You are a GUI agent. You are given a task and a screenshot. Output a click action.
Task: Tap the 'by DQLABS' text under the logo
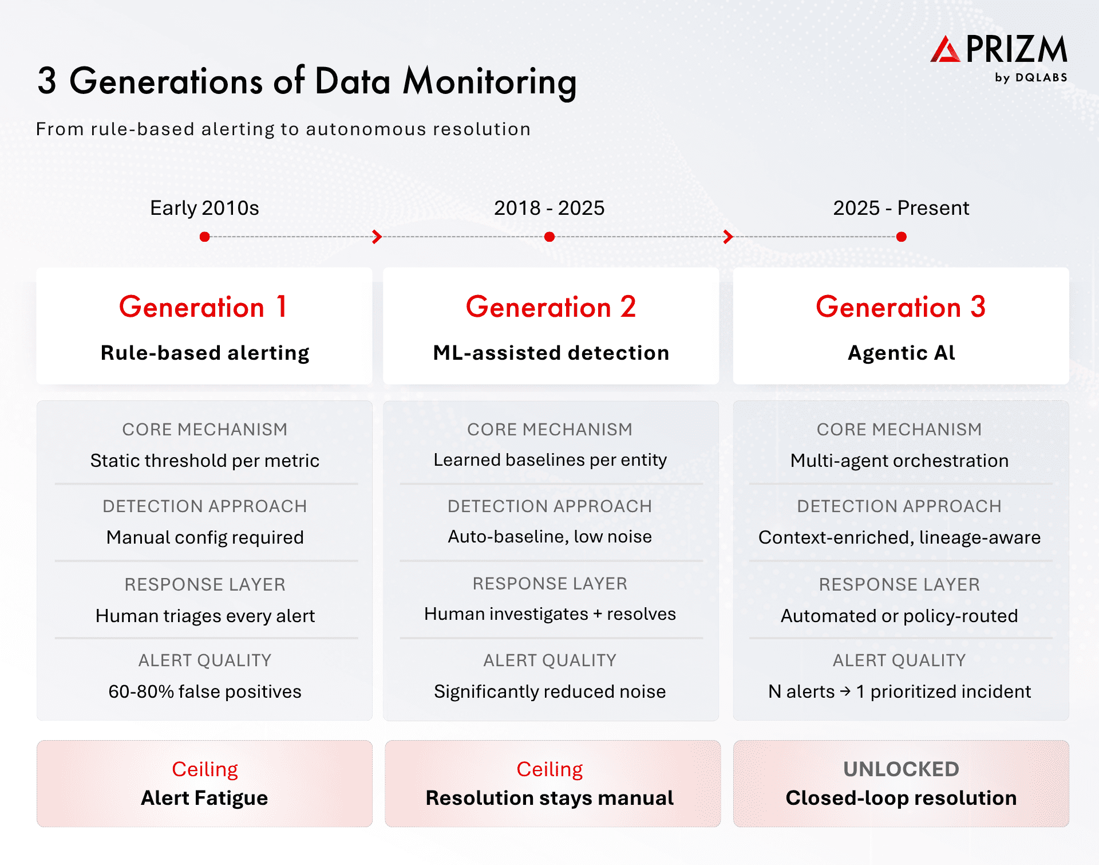tap(1031, 78)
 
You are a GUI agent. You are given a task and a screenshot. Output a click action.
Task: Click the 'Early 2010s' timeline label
tap(204, 208)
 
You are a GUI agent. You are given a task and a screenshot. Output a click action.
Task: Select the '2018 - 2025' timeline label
tap(549, 208)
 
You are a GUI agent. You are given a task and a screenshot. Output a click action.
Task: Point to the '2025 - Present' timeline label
tap(901, 208)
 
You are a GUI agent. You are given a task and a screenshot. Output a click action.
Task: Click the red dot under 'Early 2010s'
tap(204, 237)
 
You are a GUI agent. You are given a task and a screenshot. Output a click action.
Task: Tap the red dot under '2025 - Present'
tap(902, 237)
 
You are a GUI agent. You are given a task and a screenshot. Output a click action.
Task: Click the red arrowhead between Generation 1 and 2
tap(377, 237)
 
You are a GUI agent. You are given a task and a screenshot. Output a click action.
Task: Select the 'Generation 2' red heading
tap(551, 307)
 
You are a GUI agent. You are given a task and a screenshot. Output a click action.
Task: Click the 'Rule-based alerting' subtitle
tap(205, 353)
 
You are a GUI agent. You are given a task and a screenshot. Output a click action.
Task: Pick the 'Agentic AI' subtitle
tap(901, 353)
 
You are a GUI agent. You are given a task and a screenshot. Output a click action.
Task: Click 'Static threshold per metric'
tap(205, 461)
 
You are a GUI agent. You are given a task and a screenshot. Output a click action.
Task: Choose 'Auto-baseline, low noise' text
tap(549, 537)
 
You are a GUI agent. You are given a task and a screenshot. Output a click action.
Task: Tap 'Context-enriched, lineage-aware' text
tap(899, 537)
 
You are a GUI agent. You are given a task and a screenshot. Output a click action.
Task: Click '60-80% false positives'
tap(205, 691)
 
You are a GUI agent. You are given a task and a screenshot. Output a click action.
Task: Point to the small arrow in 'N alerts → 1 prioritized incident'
tap(845, 691)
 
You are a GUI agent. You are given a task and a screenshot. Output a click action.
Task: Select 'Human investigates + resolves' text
tap(549, 614)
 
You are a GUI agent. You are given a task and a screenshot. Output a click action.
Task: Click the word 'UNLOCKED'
tap(901, 769)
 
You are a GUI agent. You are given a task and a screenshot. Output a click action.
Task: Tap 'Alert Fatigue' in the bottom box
tap(204, 798)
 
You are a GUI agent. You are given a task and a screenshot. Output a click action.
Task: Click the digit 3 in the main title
tap(48, 81)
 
